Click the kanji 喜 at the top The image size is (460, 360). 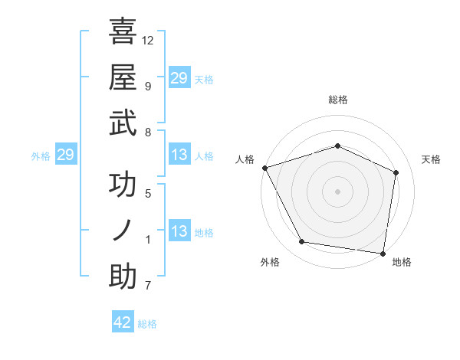(x=123, y=32)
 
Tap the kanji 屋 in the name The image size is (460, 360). (x=123, y=77)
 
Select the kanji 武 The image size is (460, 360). (x=123, y=123)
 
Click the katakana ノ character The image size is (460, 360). (x=123, y=231)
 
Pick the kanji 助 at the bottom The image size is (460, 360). (x=123, y=277)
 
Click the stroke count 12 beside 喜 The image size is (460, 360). (x=148, y=40)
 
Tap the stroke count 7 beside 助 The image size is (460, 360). (x=147, y=286)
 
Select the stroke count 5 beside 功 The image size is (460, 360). (x=147, y=194)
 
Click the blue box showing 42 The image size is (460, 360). (x=123, y=322)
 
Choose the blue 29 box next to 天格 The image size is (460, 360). (x=179, y=78)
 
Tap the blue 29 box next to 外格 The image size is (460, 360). (x=65, y=155)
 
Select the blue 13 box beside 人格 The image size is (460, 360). (x=179, y=155)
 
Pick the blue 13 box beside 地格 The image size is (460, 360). (x=179, y=231)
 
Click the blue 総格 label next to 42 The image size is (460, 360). (x=147, y=324)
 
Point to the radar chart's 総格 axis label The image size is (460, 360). (x=337, y=100)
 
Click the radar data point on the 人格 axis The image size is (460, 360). (x=264, y=168)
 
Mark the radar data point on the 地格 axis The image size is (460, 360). (x=383, y=253)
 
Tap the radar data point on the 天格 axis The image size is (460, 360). (x=396, y=172)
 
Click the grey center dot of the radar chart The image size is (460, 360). (x=337, y=191)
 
